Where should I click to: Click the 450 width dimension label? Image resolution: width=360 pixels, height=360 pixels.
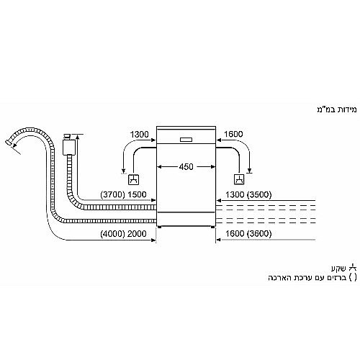(x=186, y=166)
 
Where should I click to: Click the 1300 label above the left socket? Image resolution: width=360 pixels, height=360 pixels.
(x=140, y=134)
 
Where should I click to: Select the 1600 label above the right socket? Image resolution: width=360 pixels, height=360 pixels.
(x=233, y=134)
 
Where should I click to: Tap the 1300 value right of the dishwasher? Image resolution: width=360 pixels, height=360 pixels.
(x=237, y=195)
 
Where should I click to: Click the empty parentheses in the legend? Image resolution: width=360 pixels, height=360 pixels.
(x=353, y=277)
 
